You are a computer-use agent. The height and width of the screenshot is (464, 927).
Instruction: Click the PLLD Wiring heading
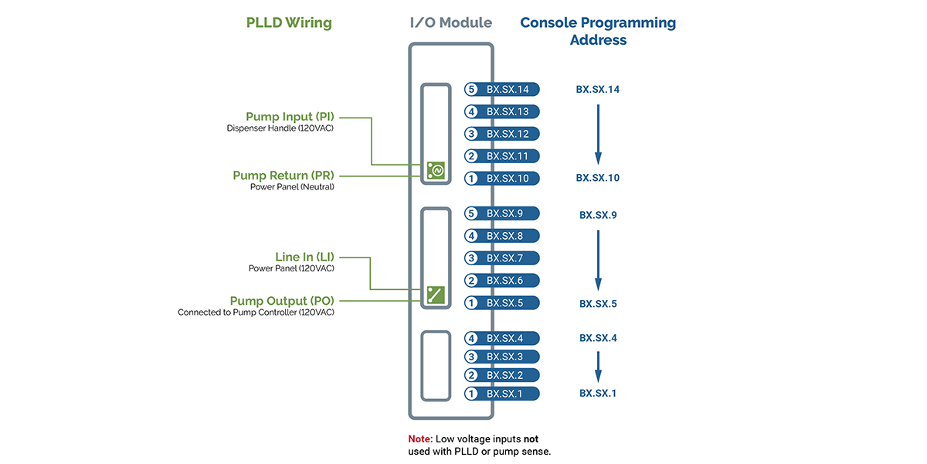[x=289, y=22]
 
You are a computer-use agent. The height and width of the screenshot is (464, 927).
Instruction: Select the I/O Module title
[x=450, y=22]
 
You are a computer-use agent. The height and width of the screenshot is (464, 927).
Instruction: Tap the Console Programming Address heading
[x=598, y=31]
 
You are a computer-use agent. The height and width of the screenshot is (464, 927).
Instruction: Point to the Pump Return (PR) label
[x=284, y=176]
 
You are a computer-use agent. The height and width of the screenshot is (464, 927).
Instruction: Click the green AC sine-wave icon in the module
[x=435, y=170]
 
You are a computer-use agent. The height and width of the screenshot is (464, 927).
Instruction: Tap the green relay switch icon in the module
[x=435, y=295]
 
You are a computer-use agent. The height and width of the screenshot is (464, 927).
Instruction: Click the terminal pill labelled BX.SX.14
[x=502, y=90]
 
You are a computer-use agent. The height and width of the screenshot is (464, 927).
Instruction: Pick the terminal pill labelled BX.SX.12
[x=502, y=134]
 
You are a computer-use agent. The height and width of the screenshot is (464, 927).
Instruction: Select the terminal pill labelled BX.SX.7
[x=502, y=258]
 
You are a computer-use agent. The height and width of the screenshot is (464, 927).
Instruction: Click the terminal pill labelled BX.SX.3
[x=502, y=357]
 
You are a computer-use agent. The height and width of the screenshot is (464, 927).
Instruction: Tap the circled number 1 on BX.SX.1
[x=471, y=394]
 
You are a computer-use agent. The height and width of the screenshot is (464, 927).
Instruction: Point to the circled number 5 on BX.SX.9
[x=471, y=213]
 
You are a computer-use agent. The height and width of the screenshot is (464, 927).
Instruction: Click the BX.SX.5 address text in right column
[x=598, y=304]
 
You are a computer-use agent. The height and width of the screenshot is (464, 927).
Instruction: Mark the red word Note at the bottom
[x=421, y=438]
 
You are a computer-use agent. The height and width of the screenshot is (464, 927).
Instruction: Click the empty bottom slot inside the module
[x=435, y=366]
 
